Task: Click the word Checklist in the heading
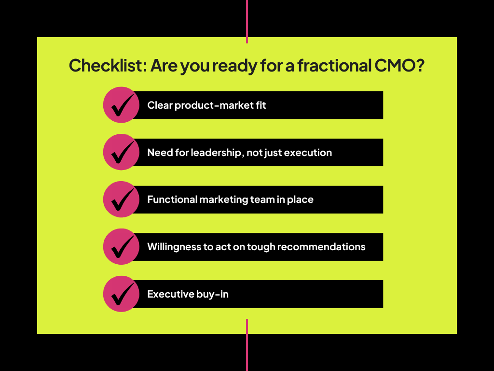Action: (108, 66)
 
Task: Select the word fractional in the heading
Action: (334, 66)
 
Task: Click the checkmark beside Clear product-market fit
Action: (122, 105)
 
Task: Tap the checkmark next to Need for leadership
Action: (122, 153)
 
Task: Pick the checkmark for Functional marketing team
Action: (122, 200)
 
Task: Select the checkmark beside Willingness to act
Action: (122, 247)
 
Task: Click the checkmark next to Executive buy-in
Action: (122, 294)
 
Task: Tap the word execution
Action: (308, 153)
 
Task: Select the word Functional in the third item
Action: (172, 200)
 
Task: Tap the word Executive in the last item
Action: (170, 294)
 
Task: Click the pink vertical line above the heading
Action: (247, 21)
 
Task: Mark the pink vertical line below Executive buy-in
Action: (247, 345)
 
